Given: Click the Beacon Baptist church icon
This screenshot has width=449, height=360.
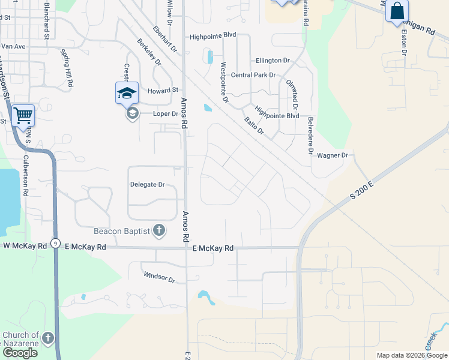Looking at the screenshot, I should click(x=159, y=230).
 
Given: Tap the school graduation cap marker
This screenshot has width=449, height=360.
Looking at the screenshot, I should click(x=127, y=94).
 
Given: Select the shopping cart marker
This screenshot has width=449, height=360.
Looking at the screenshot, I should click(x=23, y=115).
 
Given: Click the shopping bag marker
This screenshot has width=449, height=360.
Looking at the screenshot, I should click(x=397, y=11).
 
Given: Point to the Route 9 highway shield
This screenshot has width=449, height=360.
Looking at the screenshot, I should click(x=55, y=243).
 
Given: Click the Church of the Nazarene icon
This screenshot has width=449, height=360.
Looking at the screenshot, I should click(x=47, y=338).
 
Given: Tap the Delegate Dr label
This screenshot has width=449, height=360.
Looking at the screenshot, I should click(x=147, y=185).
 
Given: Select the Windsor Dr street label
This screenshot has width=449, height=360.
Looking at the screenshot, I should click(x=159, y=277).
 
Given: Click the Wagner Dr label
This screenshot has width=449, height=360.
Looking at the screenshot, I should click(x=333, y=155).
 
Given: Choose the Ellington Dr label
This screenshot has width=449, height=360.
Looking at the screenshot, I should click(x=273, y=61).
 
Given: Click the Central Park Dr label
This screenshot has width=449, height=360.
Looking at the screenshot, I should click(x=253, y=75).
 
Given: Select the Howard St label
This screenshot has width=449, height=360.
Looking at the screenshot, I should click(x=163, y=90).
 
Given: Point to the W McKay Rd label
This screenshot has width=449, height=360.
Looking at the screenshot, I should click(x=25, y=246).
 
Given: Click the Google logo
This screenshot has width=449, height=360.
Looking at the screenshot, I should click(x=20, y=353).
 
